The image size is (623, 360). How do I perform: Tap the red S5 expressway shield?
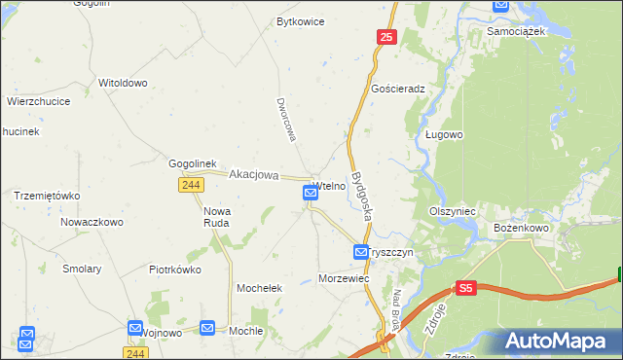[466, 289]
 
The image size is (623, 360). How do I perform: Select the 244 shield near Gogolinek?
[191, 184]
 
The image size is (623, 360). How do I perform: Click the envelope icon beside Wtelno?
[311, 194]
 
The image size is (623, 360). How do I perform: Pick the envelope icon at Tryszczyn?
[361, 252]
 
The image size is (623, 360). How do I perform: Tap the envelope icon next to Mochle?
[207, 329]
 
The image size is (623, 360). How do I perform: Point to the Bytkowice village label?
[300, 20]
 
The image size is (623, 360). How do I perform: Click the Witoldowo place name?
[123, 83]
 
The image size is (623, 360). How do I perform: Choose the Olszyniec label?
[452, 210]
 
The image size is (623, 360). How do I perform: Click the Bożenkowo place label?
[522, 228]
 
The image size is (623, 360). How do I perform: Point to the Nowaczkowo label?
[92, 222]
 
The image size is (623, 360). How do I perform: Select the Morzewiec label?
[344, 278]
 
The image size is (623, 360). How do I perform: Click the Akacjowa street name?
[253, 176]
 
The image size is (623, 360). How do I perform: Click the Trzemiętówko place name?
[47, 195]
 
